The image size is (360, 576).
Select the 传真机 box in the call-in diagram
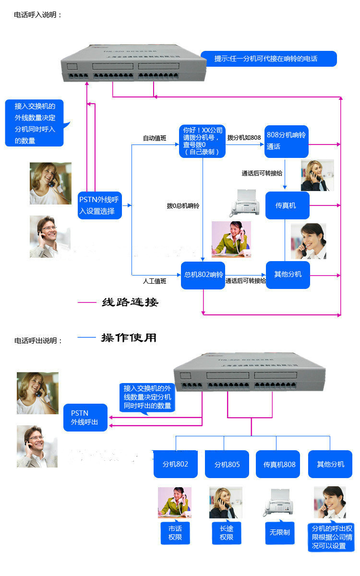pyautogui.click(x=288, y=205)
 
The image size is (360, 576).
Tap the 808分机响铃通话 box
pyautogui.click(x=287, y=141)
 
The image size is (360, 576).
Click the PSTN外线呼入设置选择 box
pyautogui.click(x=99, y=205)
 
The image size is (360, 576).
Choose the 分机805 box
pyautogui.click(x=227, y=464)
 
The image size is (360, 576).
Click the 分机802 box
pyautogui.click(x=175, y=464)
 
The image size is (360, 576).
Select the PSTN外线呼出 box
pyautogui.click(x=85, y=418)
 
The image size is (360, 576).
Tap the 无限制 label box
pyautogui.click(x=279, y=532)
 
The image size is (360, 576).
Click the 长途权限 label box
pyautogui.click(x=227, y=533)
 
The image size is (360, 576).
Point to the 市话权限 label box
pyautogui.click(x=175, y=533)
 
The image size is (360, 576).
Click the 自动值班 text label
pyautogui.click(x=155, y=138)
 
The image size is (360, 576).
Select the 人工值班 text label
pyautogui.click(x=155, y=281)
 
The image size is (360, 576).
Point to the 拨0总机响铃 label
pyautogui.click(x=183, y=205)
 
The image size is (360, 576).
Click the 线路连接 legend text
pyautogui.click(x=130, y=302)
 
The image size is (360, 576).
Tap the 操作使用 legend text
pyautogui.click(x=129, y=337)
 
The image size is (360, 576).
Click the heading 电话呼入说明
pyautogui.click(x=38, y=15)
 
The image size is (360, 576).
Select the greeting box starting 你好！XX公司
pyautogui.click(x=202, y=141)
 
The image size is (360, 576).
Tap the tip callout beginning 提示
pyautogui.click(x=268, y=59)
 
